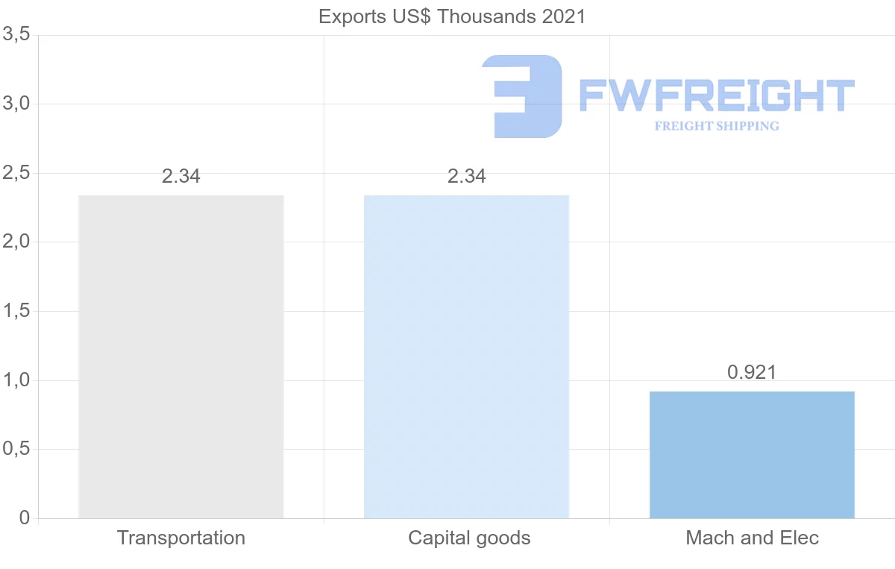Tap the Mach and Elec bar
pyautogui.click(x=752, y=454)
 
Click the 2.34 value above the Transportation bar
pyautogui.click(x=181, y=177)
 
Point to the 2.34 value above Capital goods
pyautogui.click(x=466, y=177)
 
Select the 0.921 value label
pyautogui.click(x=752, y=372)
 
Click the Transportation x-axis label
pyautogui.click(x=181, y=538)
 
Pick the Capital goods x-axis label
pyautogui.click(x=469, y=538)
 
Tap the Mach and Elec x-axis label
pyautogui.click(x=752, y=538)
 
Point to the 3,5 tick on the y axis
pyautogui.click(x=16, y=34)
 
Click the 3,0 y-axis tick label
pyautogui.click(x=16, y=104)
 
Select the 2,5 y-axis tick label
pyautogui.click(x=16, y=173)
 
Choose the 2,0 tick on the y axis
pyautogui.click(x=16, y=242)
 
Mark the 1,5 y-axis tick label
pyautogui.click(x=16, y=311)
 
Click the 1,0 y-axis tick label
pyautogui.click(x=16, y=380)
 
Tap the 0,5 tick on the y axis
pyautogui.click(x=16, y=450)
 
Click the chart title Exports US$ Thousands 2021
pyautogui.click(x=452, y=16)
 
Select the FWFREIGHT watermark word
pyautogui.click(x=717, y=96)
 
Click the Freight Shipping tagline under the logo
pyautogui.click(x=717, y=126)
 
